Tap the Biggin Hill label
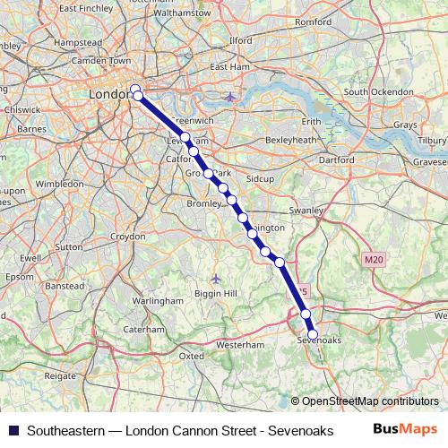(x=216, y=293)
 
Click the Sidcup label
(x=260, y=179)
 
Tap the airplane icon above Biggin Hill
(x=216, y=278)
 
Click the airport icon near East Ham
(x=231, y=96)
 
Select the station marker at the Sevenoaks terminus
(x=313, y=334)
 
